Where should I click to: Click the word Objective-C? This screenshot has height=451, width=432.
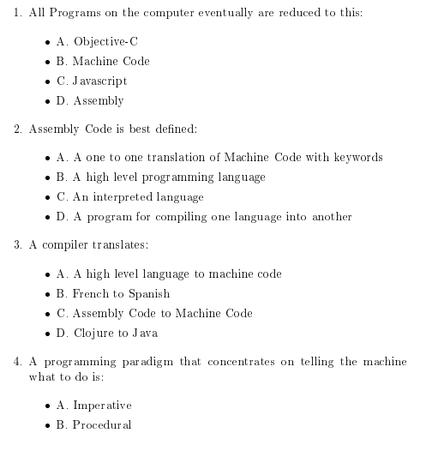(x=106, y=41)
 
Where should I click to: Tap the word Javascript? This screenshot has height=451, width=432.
(x=100, y=81)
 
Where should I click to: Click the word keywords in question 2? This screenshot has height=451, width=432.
(x=357, y=158)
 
